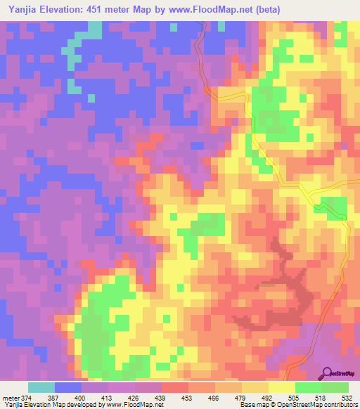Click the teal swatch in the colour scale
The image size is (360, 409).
pyautogui.click(x=41, y=388)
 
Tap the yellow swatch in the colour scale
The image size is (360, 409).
pyautogui.click(x=282, y=388)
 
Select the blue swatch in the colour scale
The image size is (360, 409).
pyautogui.click(x=68, y=388)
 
